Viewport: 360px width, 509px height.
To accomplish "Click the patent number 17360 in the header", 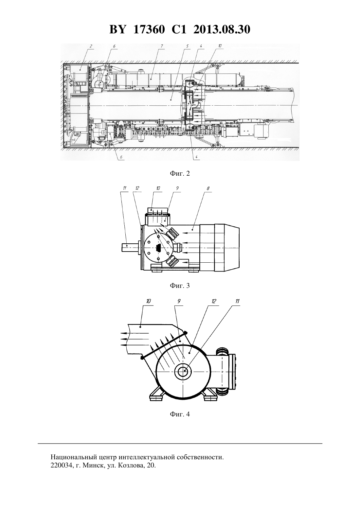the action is point(149,29).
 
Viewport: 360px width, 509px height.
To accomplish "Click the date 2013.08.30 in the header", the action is point(222,29).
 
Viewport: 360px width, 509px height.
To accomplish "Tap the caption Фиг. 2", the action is point(180,174).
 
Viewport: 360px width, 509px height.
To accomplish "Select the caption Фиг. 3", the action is point(180,286).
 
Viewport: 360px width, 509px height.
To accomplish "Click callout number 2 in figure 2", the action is point(91,46).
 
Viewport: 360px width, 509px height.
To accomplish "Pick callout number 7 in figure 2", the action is point(162,46).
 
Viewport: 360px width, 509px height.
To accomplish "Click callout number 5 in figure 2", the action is point(187,46).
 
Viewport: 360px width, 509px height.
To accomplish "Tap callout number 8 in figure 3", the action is point(208,188).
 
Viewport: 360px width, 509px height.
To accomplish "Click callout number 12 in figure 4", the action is point(214,301).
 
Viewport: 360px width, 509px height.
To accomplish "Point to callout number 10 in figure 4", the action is point(149,301).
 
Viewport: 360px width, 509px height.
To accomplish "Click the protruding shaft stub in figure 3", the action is point(130,247).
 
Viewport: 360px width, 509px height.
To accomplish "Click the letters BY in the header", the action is point(117,29).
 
